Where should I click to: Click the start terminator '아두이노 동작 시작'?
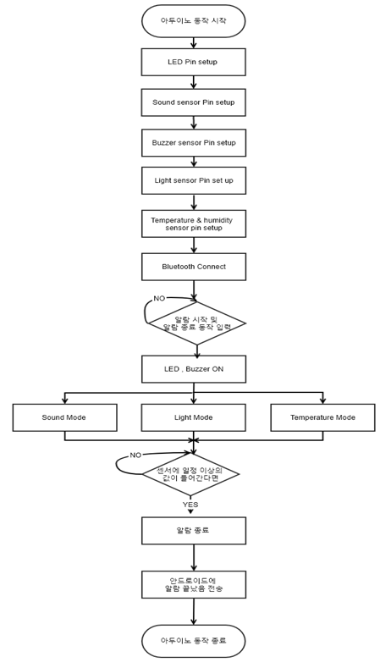click(x=193, y=20)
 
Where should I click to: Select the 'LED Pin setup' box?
click(x=193, y=62)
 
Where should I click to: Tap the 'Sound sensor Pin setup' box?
click(x=193, y=102)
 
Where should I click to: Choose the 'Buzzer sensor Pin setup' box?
click(x=193, y=143)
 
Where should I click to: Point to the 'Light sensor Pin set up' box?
click(x=193, y=180)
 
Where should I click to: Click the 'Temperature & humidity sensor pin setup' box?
click(x=193, y=224)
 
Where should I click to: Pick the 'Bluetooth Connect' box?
click(x=193, y=267)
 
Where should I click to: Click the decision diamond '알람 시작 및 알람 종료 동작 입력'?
click(x=196, y=323)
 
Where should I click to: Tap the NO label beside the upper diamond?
click(x=159, y=299)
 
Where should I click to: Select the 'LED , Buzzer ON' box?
click(x=193, y=369)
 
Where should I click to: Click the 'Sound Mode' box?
click(x=64, y=417)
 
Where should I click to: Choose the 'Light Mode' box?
click(x=193, y=417)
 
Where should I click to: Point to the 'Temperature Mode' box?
click(x=322, y=417)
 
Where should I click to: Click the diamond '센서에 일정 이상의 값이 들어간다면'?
click(x=190, y=474)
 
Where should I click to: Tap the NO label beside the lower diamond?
click(x=135, y=455)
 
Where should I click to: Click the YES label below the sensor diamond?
click(x=190, y=505)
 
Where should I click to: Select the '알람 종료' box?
click(x=193, y=530)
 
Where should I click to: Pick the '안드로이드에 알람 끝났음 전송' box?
click(x=193, y=584)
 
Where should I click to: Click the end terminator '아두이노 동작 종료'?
click(x=193, y=641)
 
